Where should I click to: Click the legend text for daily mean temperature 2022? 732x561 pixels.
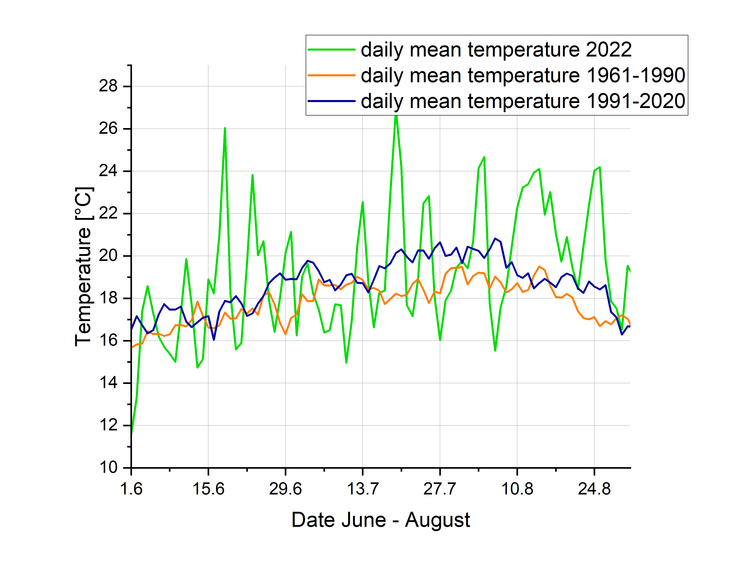coord(496,50)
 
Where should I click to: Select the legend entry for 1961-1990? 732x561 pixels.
coord(523,75)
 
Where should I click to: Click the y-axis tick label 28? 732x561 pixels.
coord(108,87)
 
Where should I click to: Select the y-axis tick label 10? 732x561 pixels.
coord(108,468)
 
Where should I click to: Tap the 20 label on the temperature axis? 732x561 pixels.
coord(108,256)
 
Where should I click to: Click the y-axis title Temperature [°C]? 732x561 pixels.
coord(83,266)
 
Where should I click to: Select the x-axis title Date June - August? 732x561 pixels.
coord(381,520)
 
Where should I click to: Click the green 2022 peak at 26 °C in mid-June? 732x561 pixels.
coord(225,129)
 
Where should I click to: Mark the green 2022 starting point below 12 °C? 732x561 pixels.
coord(132,433)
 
